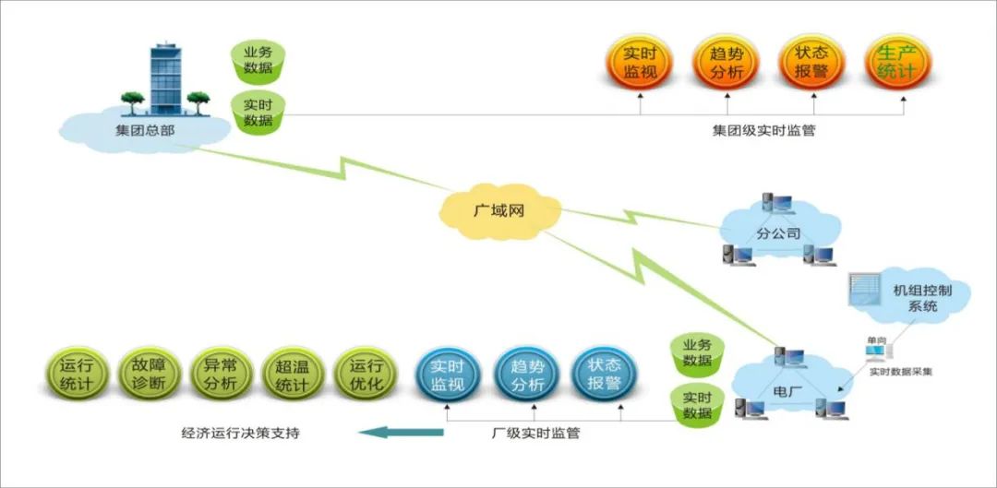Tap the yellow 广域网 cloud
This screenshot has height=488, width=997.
click(500, 212)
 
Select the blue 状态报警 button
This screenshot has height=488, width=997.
click(605, 375)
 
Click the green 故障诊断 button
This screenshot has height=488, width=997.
click(150, 375)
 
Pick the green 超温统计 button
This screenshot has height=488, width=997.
click(294, 375)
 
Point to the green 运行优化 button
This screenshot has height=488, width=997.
click(366, 375)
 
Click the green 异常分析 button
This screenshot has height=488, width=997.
click(222, 375)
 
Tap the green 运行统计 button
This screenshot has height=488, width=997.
click(77, 375)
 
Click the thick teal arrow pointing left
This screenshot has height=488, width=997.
click(402, 433)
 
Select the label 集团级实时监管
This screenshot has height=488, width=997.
click(763, 132)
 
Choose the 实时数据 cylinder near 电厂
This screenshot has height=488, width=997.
click(698, 406)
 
